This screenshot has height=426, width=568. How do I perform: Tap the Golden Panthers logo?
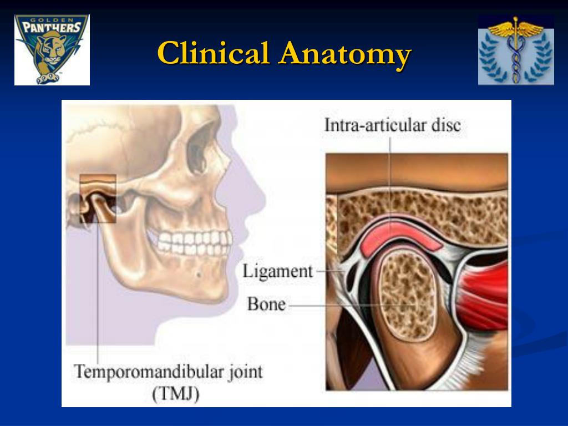point(52,49)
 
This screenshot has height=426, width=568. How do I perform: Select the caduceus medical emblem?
point(516,50)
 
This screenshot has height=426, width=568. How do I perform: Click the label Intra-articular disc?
point(392,125)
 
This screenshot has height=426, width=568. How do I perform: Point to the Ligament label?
point(277,271)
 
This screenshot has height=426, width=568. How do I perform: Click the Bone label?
point(266,304)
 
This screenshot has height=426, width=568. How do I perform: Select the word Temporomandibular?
point(149,372)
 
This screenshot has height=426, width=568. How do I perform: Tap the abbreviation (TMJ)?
point(176,394)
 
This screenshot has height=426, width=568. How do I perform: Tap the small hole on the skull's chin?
point(198,274)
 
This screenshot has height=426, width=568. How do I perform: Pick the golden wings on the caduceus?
point(516,28)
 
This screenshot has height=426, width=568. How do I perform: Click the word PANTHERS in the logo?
point(52,28)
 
